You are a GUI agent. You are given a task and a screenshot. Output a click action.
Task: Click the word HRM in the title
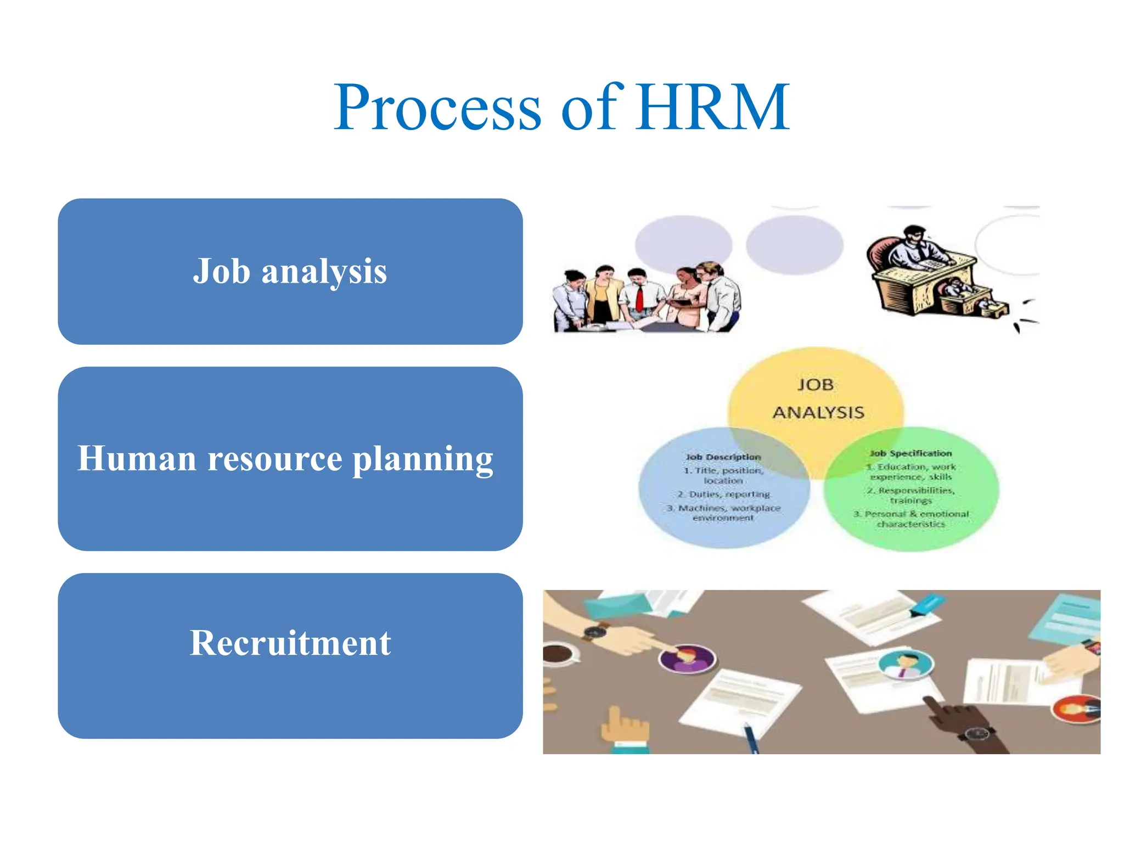[x=712, y=108]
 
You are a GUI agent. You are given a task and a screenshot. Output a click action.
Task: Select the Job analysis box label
[x=290, y=271]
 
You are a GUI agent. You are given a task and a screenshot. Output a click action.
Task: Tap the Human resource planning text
[x=285, y=458]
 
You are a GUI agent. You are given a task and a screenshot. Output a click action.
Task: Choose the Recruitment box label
[x=290, y=643]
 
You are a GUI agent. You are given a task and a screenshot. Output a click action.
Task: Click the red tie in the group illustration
[x=639, y=298]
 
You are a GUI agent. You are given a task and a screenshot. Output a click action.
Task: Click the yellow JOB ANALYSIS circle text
[x=818, y=398]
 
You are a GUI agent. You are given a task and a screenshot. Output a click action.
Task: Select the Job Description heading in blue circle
[x=723, y=457]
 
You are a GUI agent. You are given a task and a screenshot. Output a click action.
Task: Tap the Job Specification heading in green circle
[x=911, y=453]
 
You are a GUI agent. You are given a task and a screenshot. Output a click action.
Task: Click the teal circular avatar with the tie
[x=906, y=664]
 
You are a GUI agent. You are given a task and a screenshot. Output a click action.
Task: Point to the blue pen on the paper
[x=751, y=738]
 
